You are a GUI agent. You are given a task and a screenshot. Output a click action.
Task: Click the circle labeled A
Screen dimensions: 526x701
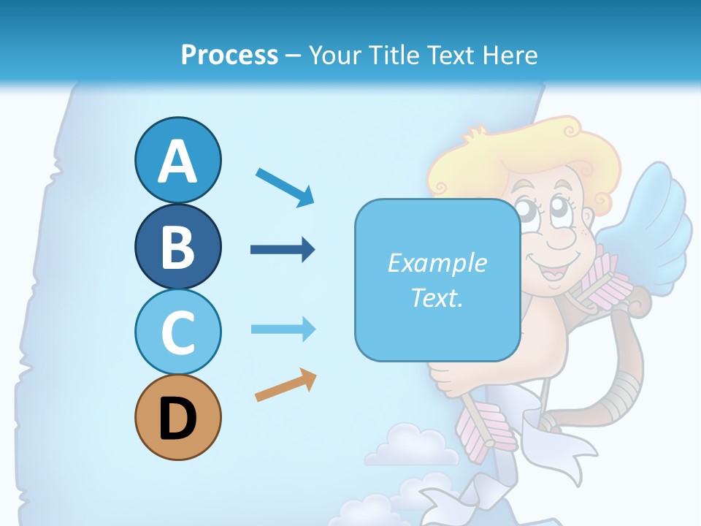(x=177, y=161)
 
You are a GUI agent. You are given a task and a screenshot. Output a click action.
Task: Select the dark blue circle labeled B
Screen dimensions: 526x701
(x=177, y=246)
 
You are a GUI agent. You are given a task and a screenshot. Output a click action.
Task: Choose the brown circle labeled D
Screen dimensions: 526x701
(x=177, y=417)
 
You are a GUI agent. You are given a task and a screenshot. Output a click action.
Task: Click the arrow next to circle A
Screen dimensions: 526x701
(x=285, y=186)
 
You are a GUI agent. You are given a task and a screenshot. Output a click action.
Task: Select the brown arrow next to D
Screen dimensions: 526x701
(x=286, y=385)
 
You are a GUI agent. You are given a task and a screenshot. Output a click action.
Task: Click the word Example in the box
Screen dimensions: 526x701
(x=437, y=263)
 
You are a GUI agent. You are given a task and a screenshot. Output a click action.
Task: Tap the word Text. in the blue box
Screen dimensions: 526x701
(x=437, y=297)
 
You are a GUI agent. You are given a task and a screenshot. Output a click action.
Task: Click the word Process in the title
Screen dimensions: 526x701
(x=229, y=55)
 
